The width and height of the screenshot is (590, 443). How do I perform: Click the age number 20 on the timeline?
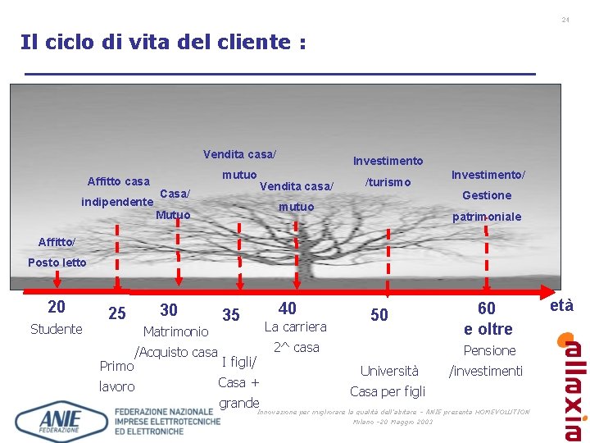(57, 307)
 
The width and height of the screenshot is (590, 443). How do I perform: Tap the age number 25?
(117, 313)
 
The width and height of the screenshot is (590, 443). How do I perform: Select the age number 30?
(169, 309)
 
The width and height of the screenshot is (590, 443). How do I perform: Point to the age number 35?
(231, 315)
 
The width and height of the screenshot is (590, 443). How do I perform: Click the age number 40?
(288, 308)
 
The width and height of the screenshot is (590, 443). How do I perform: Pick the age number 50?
(379, 315)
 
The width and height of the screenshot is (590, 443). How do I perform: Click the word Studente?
(56, 329)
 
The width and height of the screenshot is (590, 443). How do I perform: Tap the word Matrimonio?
(175, 331)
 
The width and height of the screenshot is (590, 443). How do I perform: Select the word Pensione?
(490, 350)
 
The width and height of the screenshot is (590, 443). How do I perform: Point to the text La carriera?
(295, 327)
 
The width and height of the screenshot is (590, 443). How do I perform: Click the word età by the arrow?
(561, 306)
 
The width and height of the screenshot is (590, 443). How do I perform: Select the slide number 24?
(565, 19)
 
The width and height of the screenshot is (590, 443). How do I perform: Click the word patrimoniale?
(487, 217)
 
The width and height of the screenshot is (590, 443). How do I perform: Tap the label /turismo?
(388, 182)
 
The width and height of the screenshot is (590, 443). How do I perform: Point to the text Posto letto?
(57, 263)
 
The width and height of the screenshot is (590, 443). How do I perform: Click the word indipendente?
(117, 202)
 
